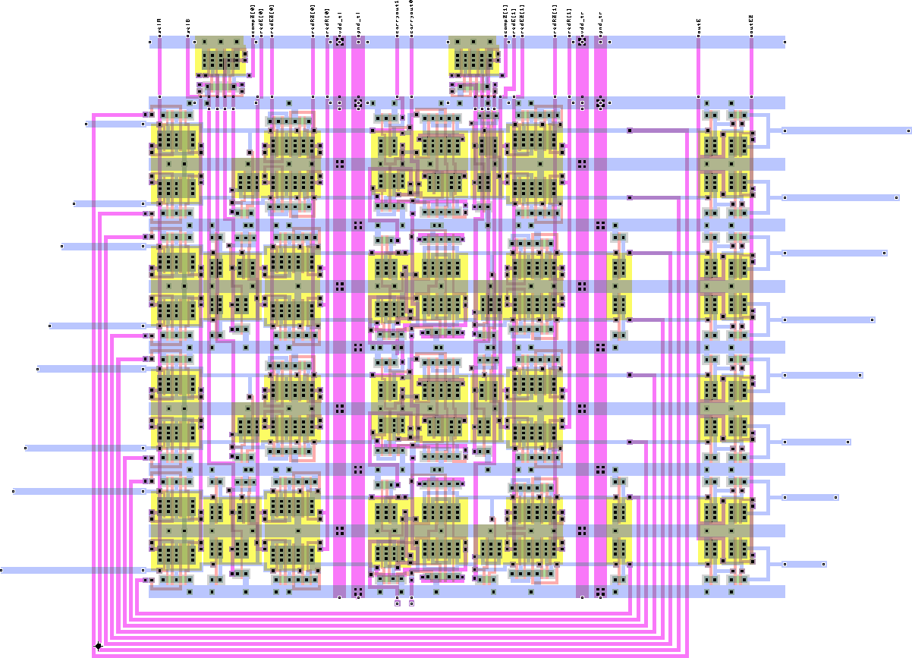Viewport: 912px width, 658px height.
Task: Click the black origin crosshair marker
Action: point(98,646)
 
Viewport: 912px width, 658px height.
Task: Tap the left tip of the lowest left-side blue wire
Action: point(2,570)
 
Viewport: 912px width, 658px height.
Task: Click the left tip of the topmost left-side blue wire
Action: point(87,123)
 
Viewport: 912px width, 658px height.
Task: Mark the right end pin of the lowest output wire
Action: point(823,564)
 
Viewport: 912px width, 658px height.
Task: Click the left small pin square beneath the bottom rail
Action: point(397,604)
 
